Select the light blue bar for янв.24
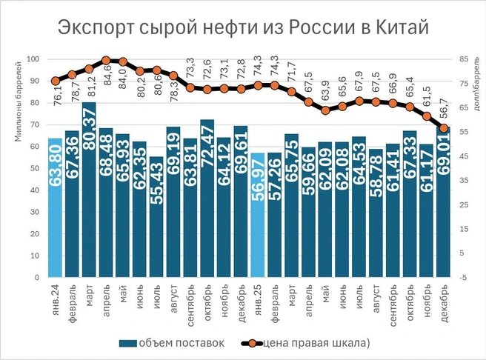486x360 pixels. [x=55, y=207]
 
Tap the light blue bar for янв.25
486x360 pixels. [x=257, y=215]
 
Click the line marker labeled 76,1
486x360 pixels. [x=56, y=81]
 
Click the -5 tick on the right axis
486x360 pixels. [x=462, y=278]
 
